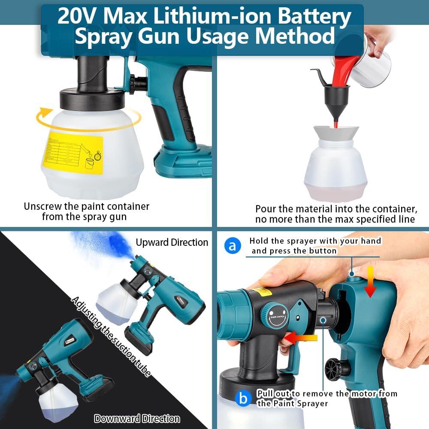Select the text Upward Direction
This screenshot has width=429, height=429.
pos(172,242)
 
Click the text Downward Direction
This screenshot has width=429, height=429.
pos(137,418)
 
